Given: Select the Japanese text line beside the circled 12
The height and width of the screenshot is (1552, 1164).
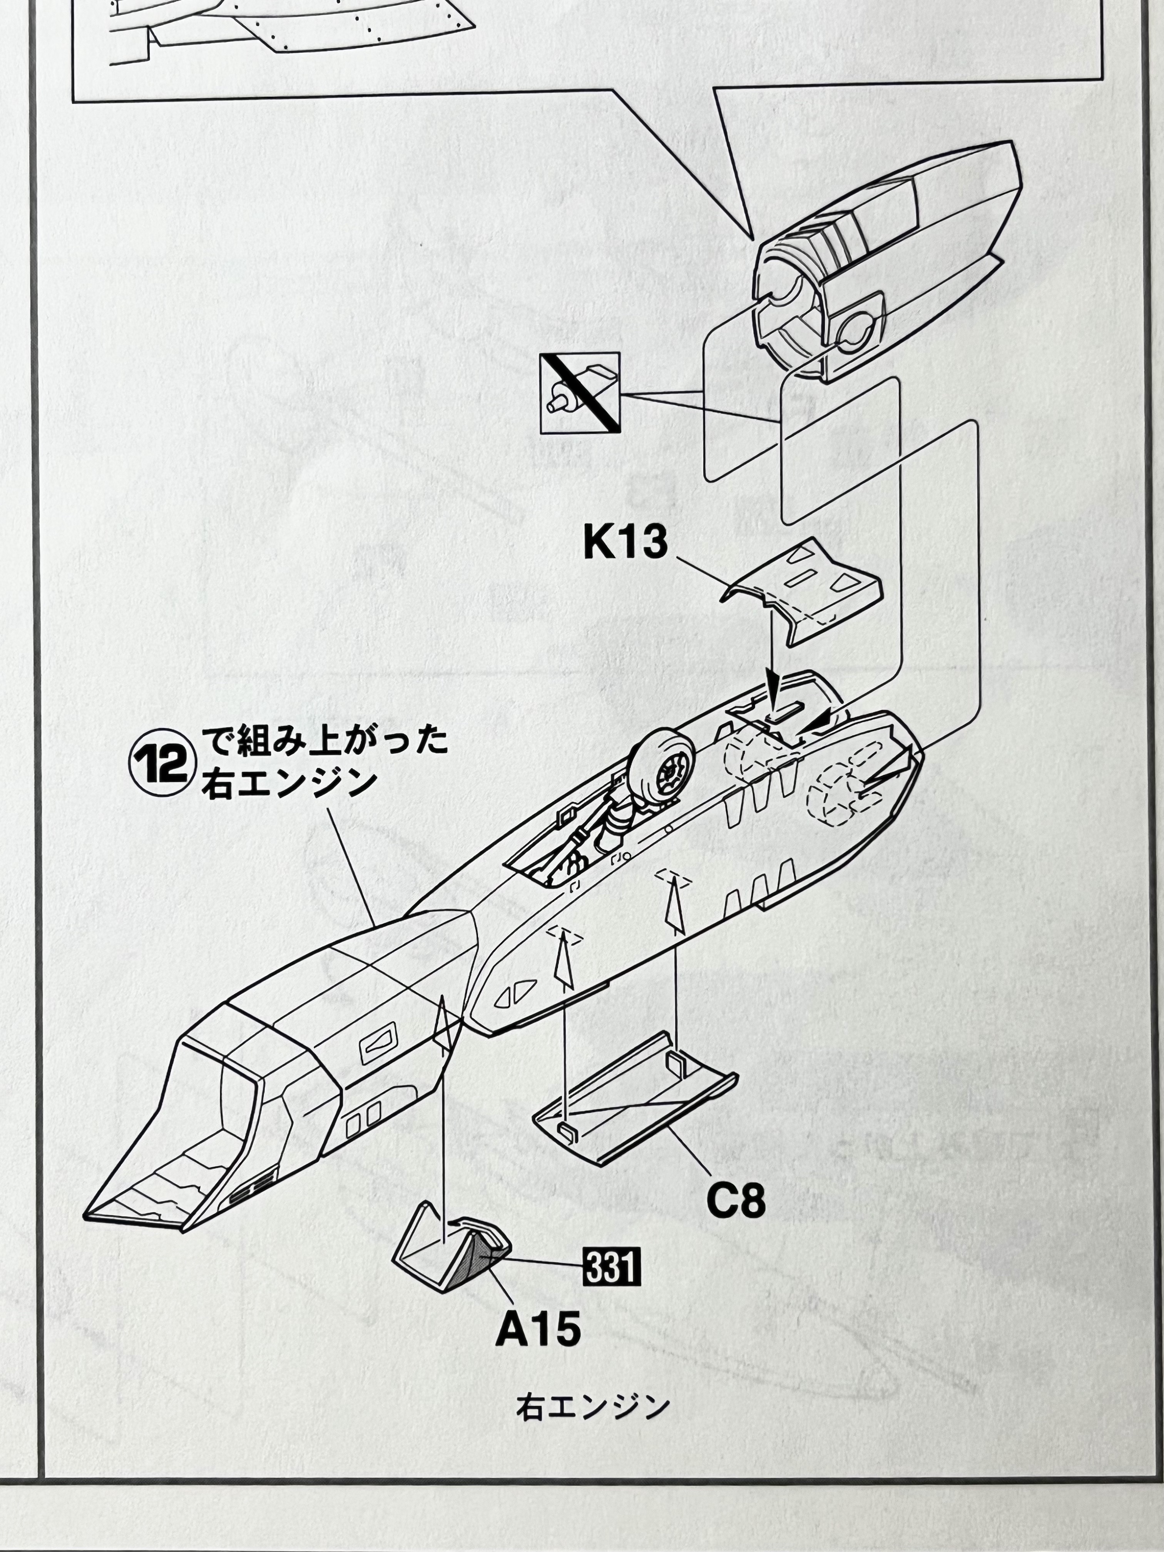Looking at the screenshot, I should [x=323, y=743].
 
